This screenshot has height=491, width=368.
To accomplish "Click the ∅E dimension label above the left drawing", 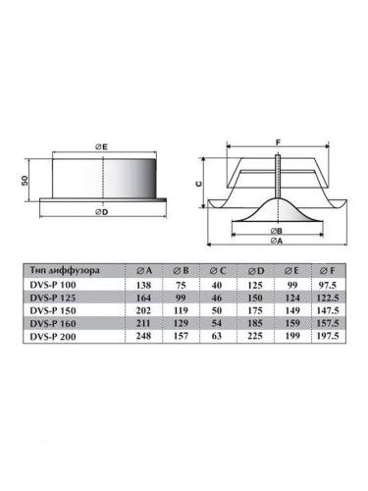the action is tap(101, 147).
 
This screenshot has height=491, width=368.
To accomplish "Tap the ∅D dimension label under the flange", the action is tap(101, 212).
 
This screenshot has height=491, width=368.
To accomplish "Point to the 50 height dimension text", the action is tap(25, 180).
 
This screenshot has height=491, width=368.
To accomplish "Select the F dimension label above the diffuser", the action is tap(278, 142).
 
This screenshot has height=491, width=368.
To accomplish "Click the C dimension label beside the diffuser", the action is tap(199, 184).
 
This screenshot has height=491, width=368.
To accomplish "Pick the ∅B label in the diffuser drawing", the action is tap(277, 231).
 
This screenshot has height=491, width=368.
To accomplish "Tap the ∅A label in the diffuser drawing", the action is tap(277, 241).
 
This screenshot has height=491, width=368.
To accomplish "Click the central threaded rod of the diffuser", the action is tap(278, 176).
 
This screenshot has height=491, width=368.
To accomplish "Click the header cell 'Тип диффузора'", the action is tap(65, 271).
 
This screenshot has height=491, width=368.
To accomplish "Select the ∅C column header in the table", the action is tap(218, 271).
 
